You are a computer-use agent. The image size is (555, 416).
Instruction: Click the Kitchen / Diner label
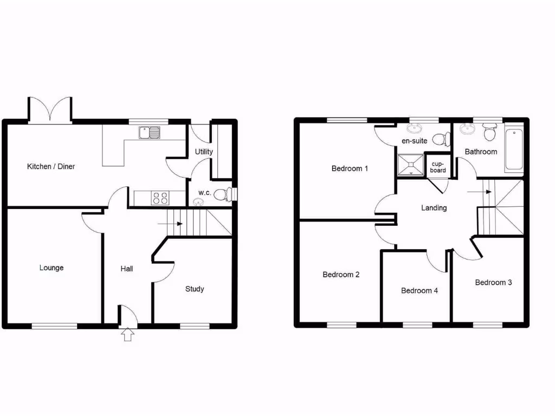click(x=51, y=166)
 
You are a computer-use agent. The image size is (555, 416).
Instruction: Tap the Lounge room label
click(x=51, y=268)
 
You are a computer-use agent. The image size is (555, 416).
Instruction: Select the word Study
click(x=195, y=289)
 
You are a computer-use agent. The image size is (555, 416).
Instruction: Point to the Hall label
click(x=127, y=269)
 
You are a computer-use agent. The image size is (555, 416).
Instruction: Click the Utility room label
click(x=204, y=152)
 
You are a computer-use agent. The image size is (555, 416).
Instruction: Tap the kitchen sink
click(x=149, y=132)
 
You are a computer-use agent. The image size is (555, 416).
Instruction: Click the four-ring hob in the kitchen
click(x=160, y=198)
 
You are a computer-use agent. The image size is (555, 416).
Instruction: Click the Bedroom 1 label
click(x=350, y=168)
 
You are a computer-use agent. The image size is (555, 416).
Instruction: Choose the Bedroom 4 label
click(x=420, y=290)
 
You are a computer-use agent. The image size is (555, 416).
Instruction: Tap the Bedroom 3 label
click(x=493, y=282)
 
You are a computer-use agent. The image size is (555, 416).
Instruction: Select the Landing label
click(x=434, y=207)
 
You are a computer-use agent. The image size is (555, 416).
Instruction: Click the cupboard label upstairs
click(x=438, y=167)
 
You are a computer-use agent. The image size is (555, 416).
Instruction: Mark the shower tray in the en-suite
click(x=410, y=164)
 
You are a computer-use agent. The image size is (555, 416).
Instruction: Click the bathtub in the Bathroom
click(x=514, y=150)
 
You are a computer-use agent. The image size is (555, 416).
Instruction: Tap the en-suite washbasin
click(x=414, y=129)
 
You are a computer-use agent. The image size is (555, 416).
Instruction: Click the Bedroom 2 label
click(x=341, y=275)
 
